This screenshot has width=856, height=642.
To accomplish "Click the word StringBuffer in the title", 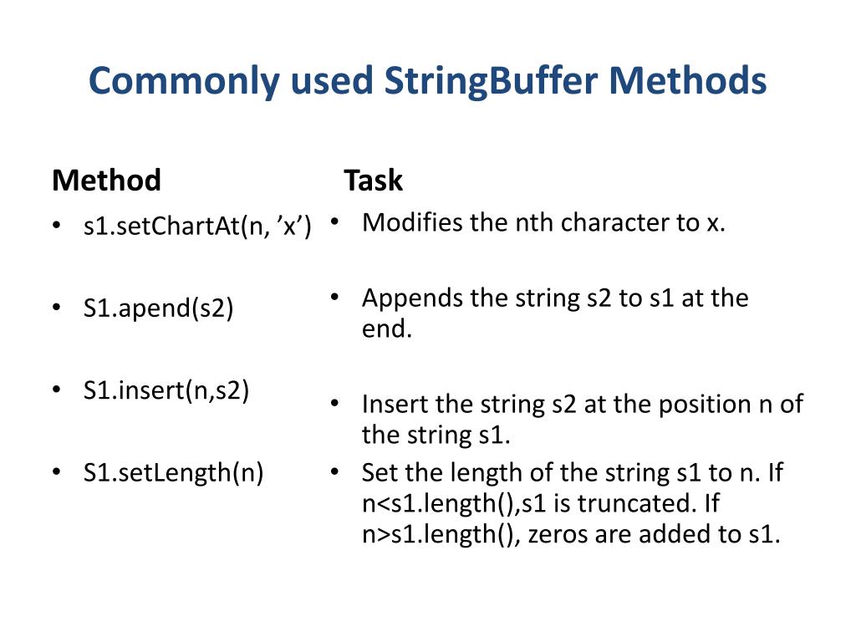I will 493,82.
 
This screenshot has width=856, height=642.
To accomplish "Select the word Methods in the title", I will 687,82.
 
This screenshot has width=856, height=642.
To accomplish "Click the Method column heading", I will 106,181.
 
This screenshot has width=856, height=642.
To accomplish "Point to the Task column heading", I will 373,181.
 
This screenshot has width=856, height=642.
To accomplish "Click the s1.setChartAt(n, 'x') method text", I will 197,225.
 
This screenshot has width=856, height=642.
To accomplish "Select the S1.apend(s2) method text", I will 158,308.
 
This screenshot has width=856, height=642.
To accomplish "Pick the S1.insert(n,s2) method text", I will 166,390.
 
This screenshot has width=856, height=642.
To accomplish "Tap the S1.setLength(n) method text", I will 173,473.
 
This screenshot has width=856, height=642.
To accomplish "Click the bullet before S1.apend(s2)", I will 56,308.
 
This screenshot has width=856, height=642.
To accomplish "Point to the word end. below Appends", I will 387,329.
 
